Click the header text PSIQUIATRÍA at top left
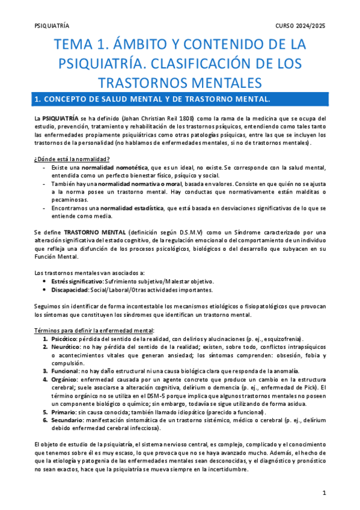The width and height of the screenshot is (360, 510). pyautogui.click(x=52, y=26)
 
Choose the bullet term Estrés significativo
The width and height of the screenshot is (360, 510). pyautogui.click(x=77, y=281)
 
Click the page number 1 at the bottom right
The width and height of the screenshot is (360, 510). pyautogui.click(x=324, y=493)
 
